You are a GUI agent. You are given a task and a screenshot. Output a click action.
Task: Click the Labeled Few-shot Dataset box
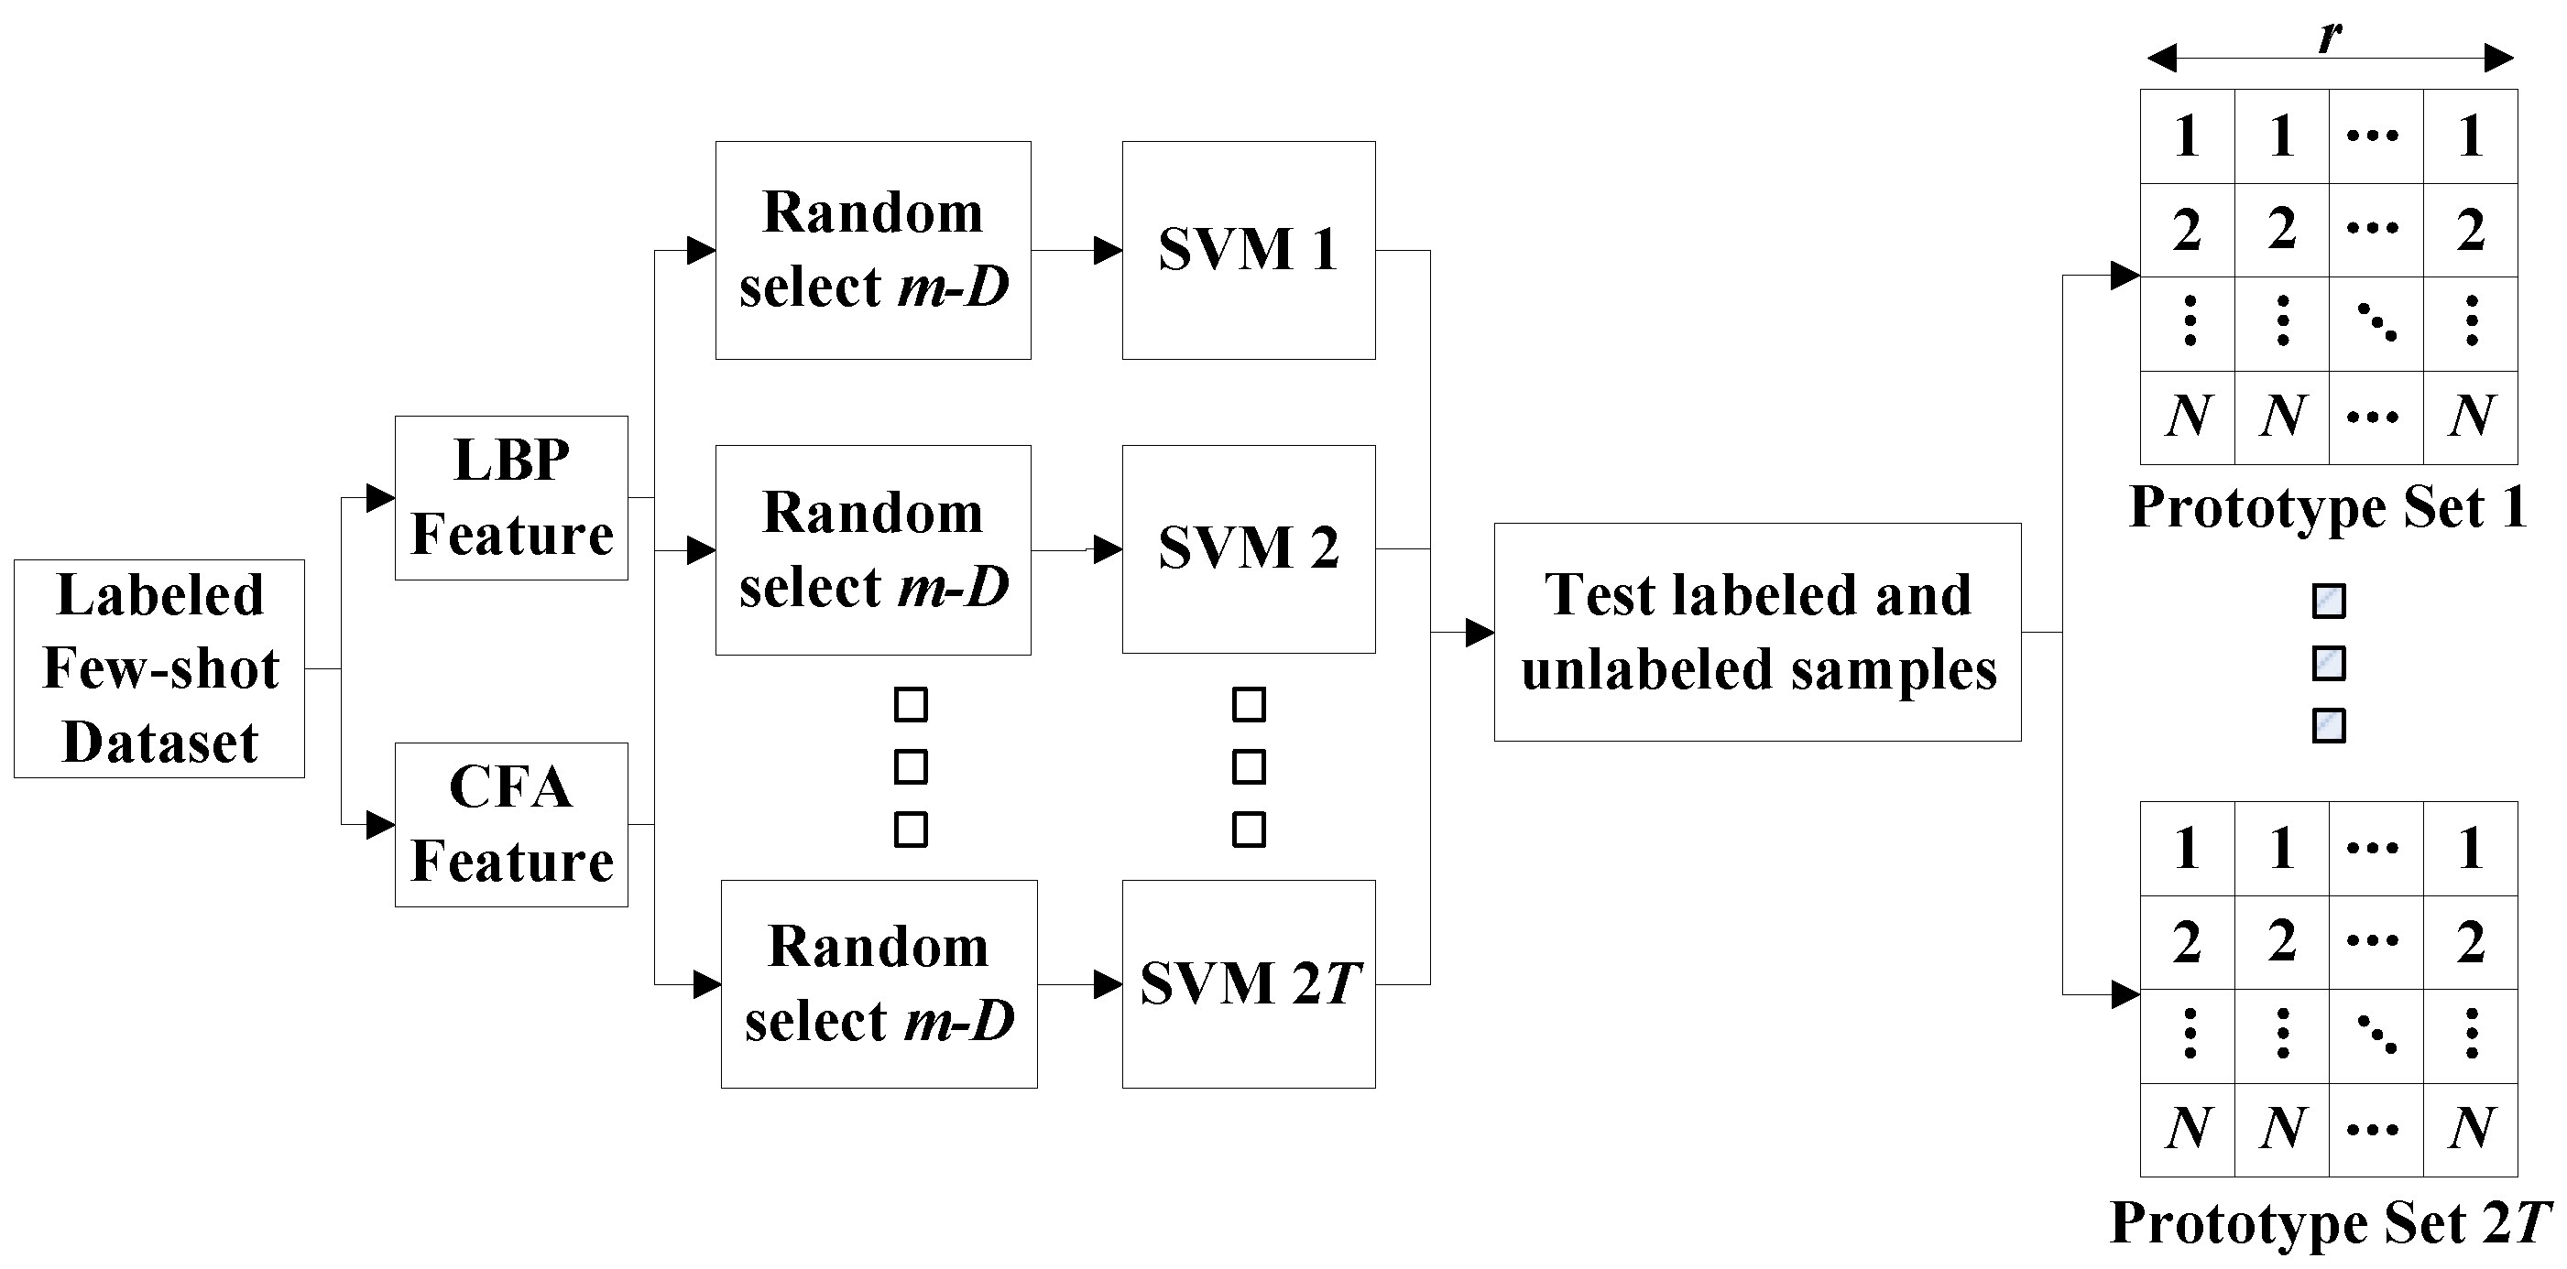click(x=159, y=668)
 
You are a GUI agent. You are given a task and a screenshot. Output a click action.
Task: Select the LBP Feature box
click(x=511, y=498)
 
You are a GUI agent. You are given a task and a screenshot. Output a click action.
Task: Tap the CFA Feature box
click(x=511, y=825)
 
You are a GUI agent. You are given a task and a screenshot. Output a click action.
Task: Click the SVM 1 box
click(x=1249, y=250)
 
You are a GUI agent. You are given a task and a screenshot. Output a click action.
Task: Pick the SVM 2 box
click(x=1249, y=548)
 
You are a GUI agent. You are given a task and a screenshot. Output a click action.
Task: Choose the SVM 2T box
click(x=1249, y=984)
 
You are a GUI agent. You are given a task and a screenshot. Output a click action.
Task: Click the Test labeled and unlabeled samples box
click(x=1758, y=633)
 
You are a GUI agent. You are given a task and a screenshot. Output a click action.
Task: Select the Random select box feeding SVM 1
click(x=873, y=250)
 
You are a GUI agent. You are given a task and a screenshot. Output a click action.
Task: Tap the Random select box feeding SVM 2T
click(x=879, y=984)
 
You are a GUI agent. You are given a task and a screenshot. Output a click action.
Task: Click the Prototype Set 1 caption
click(x=2328, y=508)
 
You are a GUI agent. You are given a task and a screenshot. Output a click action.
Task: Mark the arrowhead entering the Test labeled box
click(x=1480, y=633)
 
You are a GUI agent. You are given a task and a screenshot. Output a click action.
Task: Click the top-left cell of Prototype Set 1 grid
click(x=2188, y=136)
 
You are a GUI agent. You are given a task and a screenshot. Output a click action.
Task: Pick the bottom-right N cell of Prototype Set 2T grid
click(x=2470, y=1130)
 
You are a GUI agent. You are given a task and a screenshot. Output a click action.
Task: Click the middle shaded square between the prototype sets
click(x=2329, y=664)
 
